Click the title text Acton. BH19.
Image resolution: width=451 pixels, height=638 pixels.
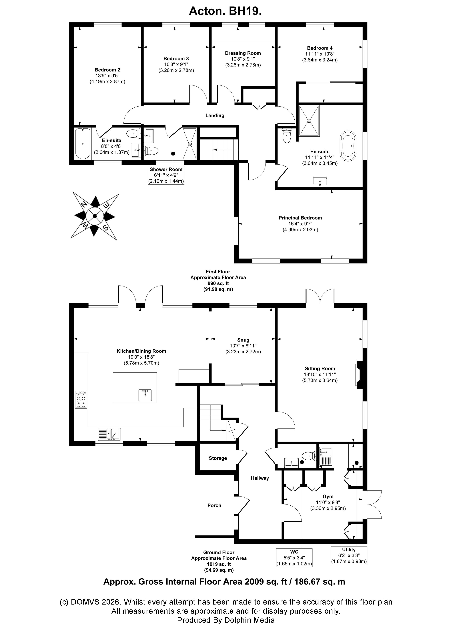click(x=225, y=11)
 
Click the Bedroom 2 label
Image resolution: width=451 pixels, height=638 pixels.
click(x=107, y=70)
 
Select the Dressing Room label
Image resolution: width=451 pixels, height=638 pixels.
click(x=243, y=53)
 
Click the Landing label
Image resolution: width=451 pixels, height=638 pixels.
click(x=215, y=115)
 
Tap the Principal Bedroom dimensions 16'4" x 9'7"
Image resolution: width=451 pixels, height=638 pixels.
click(x=300, y=224)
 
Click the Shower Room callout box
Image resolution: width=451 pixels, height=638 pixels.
click(x=166, y=175)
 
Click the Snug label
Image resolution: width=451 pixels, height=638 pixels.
click(x=243, y=340)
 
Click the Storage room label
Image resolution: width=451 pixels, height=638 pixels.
click(x=218, y=458)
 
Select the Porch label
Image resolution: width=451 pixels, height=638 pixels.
click(x=214, y=505)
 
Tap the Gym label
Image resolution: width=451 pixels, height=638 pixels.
click(x=328, y=496)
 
